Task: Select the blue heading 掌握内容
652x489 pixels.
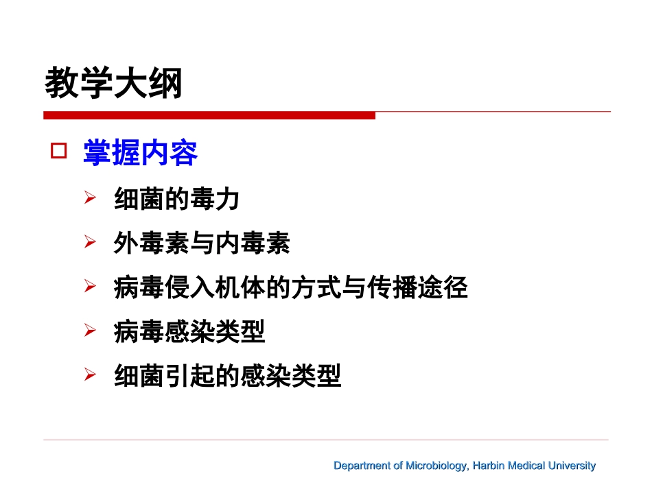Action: [x=141, y=153]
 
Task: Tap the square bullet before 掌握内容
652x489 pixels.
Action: [x=59, y=152]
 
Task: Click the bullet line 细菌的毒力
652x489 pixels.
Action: [x=176, y=200]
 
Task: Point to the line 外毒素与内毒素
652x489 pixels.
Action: [x=202, y=243]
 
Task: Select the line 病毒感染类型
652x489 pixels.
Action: [x=189, y=333]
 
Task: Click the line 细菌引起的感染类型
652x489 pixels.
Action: [x=227, y=377]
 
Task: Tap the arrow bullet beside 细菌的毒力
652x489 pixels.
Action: [x=89, y=199]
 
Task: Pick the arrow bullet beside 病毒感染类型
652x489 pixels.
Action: [x=89, y=331]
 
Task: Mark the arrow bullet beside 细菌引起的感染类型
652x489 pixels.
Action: [x=89, y=375]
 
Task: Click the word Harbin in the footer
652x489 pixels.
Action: [x=490, y=466]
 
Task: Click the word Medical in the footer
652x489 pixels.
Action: [x=527, y=466]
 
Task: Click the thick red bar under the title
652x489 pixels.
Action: [x=209, y=115]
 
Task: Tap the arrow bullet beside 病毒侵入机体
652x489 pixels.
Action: [x=89, y=287]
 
